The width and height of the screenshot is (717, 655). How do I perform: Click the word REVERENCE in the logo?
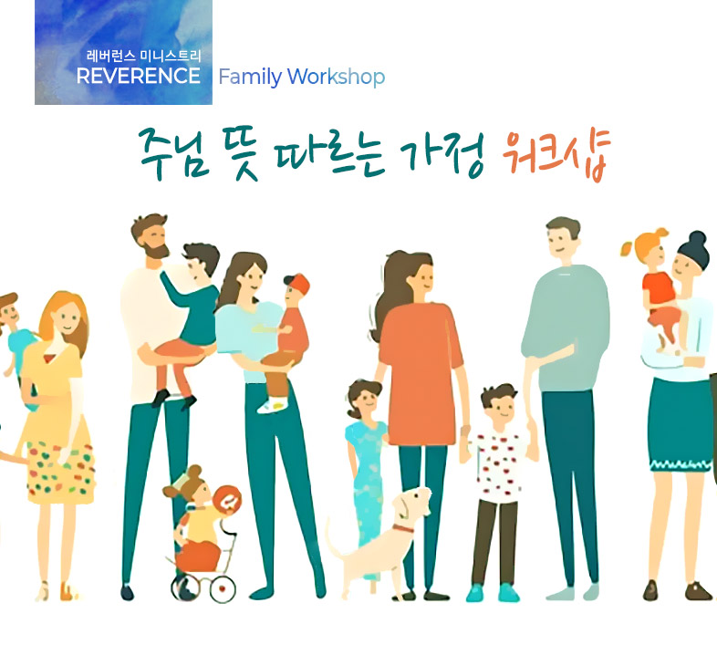click(139, 76)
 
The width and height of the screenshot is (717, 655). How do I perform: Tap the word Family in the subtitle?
click(250, 77)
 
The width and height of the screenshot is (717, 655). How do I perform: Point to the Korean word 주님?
click(174, 153)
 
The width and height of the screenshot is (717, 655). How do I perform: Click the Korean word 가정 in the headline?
click(442, 155)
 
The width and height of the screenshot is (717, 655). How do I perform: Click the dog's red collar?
click(402, 528)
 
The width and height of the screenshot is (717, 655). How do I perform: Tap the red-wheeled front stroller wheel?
click(223, 588)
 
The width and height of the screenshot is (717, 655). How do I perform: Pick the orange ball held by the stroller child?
click(227, 500)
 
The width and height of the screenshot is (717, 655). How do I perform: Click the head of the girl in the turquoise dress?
click(364, 399)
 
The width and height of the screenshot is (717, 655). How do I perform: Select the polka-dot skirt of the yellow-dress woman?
click(61, 472)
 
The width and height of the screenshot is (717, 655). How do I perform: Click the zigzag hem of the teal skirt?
click(681, 465)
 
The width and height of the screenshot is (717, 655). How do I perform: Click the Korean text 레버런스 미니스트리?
click(143, 57)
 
